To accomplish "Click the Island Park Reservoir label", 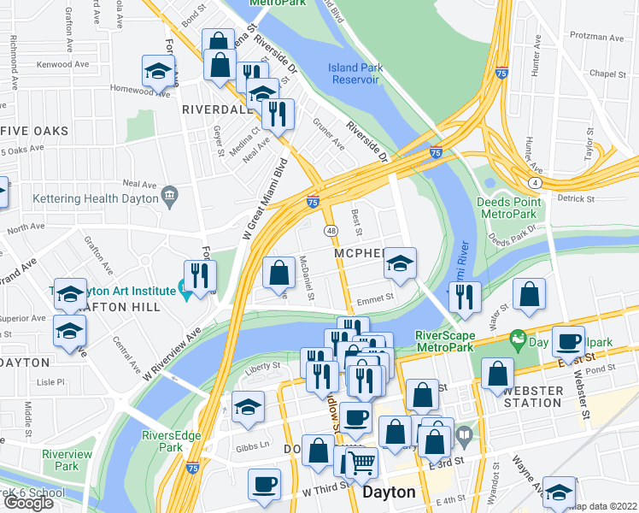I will pyautogui.click(x=353, y=74).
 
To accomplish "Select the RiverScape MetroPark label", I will pyautogui.click(x=443, y=341).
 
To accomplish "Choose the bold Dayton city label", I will pyautogui.click(x=389, y=492).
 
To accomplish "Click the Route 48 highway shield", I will pyautogui.click(x=330, y=231).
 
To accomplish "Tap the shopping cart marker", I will pyautogui.click(x=362, y=463).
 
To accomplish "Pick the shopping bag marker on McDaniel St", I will pyautogui.click(x=278, y=273).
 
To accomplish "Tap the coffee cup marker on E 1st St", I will pyautogui.click(x=568, y=341).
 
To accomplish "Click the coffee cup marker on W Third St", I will pyautogui.click(x=264, y=484).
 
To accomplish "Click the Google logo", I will pyautogui.click(x=28, y=503).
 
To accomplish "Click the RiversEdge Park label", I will pyautogui.click(x=172, y=441).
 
